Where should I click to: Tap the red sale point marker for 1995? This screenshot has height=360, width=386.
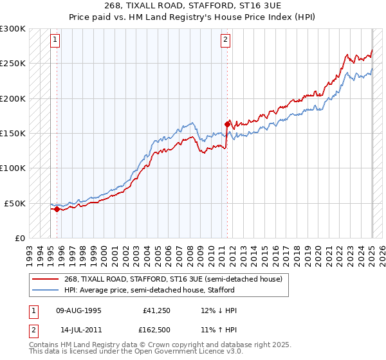click(57, 209)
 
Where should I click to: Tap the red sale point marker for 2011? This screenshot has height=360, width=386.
click(227, 124)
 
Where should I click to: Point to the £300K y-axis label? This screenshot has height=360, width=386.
click(13, 29)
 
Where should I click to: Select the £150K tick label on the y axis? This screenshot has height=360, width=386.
click(13, 133)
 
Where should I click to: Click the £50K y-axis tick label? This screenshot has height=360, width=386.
click(15, 203)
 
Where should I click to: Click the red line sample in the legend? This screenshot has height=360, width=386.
click(47, 279)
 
